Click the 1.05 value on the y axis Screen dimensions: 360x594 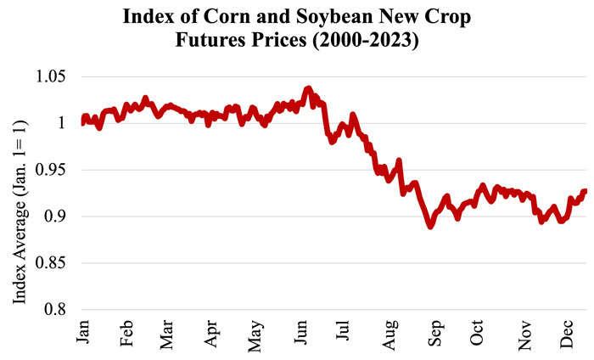[x=53, y=77]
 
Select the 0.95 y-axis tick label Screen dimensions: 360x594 [x=53, y=171]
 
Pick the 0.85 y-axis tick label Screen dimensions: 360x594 [x=53, y=263]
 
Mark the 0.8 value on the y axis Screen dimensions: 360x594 [x=58, y=310]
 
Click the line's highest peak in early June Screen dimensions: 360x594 [x=308, y=88]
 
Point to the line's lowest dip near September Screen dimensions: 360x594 [x=430, y=227]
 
